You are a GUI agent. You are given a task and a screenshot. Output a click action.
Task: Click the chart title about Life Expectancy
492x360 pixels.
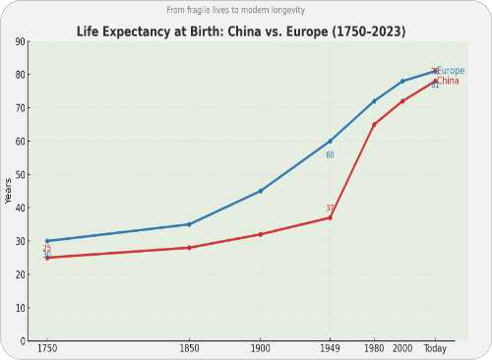pyautogui.click(x=241, y=31)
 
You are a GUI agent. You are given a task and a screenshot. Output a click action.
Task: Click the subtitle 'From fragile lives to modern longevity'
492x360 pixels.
pyautogui.click(x=241, y=10)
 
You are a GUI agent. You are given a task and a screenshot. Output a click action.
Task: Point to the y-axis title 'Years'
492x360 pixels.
pyautogui.click(x=9, y=191)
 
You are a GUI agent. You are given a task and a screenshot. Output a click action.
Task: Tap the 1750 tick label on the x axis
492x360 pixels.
pyautogui.click(x=47, y=349)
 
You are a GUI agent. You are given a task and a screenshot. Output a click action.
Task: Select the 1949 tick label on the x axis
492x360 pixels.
pyautogui.click(x=330, y=349)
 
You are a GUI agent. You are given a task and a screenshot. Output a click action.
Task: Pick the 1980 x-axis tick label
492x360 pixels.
pyautogui.click(x=374, y=349)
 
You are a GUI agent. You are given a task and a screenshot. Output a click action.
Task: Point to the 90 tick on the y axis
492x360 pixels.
pyautogui.click(x=21, y=42)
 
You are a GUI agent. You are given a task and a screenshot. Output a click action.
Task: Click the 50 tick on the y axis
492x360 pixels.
pyautogui.click(x=21, y=175)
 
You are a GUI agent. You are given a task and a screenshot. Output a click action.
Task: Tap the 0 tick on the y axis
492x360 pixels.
pyautogui.click(x=24, y=341)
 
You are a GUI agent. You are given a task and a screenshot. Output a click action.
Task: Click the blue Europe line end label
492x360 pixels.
pyautogui.click(x=450, y=71)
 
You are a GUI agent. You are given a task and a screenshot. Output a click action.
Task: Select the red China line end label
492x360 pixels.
pyautogui.click(x=447, y=81)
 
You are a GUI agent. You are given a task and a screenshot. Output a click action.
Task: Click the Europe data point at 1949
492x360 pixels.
pyautogui.click(x=330, y=142)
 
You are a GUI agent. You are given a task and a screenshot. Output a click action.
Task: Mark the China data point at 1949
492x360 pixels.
pyautogui.click(x=330, y=217)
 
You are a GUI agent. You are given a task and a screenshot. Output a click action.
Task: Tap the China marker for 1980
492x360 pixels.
pyautogui.click(x=374, y=125)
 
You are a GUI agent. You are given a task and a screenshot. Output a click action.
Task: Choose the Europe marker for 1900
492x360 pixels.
pyautogui.click(x=260, y=191)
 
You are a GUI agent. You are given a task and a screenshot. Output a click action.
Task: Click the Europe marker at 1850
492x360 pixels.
pyautogui.click(x=189, y=224)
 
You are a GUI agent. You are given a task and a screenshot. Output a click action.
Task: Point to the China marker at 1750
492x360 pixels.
pyautogui.click(x=47, y=258)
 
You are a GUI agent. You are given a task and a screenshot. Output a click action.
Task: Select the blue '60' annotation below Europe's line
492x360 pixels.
pyautogui.click(x=330, y=155)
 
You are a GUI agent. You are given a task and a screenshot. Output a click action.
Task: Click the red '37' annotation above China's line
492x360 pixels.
pyautogui.click(x=331, y=208)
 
